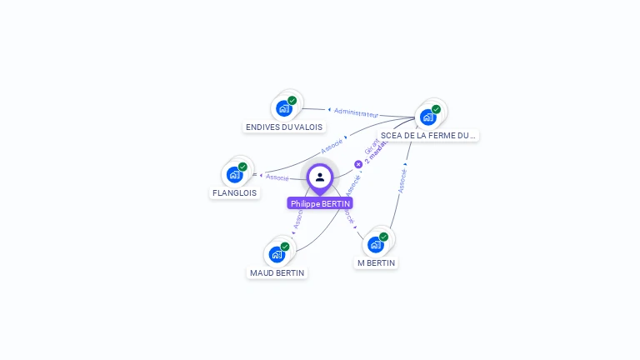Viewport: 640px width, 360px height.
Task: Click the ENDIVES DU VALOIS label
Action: [284, 127]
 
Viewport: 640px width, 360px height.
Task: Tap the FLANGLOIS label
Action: [234, 192]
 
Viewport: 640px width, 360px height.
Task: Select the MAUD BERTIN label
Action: [277, 272]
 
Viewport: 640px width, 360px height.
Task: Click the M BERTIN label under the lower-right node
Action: [376, 262]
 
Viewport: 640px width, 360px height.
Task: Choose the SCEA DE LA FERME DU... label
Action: [428, 135]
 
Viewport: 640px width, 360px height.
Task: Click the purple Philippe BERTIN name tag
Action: [320, 203]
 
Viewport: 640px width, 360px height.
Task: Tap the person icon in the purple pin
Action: [320, 177]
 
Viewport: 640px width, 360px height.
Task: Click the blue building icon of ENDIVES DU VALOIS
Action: [284, 108]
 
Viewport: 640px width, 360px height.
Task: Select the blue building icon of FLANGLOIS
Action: [234, 174]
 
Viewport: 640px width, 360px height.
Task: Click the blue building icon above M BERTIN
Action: [375, 244]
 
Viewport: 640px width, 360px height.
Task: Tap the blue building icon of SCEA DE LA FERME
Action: [427, 117]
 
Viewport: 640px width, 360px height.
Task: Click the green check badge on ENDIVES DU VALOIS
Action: [292, 101]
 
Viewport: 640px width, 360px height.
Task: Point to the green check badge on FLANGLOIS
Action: [242, 167]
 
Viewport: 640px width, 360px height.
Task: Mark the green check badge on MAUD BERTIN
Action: [284, 247]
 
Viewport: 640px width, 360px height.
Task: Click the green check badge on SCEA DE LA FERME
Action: [436, 109]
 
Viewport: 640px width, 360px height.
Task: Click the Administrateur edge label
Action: [357, 113]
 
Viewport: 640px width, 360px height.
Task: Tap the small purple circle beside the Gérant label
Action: [358, 164]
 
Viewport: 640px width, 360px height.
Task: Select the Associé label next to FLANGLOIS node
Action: [277, 177]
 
